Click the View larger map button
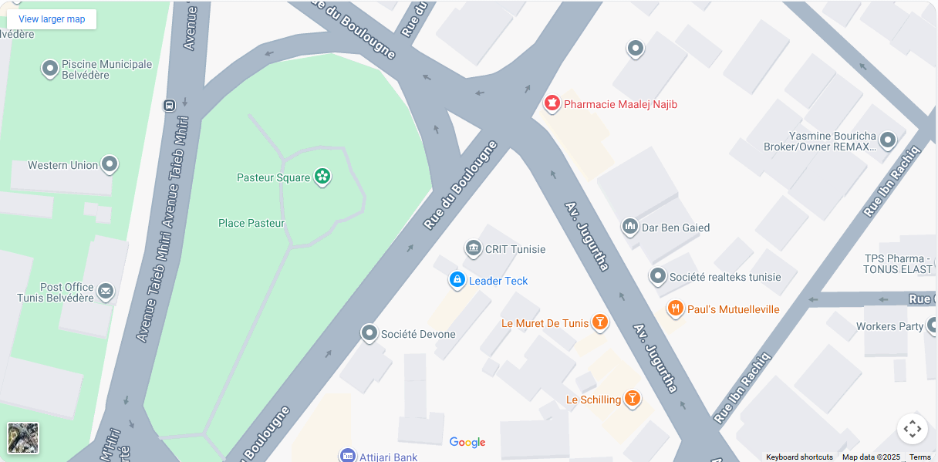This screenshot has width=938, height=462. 52,19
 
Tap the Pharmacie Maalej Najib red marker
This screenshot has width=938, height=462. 552,103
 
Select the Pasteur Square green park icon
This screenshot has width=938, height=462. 322,177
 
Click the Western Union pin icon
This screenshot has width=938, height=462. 110,164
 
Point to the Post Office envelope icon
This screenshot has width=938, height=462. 106,292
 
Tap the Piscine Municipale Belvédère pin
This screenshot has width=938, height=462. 50,69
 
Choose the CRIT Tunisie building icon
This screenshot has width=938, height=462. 473,248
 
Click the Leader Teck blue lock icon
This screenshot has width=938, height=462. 457,280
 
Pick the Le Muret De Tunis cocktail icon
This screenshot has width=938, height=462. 599,322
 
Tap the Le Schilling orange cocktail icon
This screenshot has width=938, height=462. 632,399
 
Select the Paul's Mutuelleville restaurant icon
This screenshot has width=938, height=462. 675,309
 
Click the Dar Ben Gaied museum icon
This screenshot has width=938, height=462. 630,227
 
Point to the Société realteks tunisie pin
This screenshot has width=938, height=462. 657,276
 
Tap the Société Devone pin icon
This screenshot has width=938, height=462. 369,333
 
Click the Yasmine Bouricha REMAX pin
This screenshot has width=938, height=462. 888,140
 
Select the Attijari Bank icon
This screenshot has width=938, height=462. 347,456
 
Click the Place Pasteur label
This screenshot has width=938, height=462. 251,223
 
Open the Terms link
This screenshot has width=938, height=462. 919,457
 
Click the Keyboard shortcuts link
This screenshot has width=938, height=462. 799,457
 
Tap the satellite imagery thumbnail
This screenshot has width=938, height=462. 23,438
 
